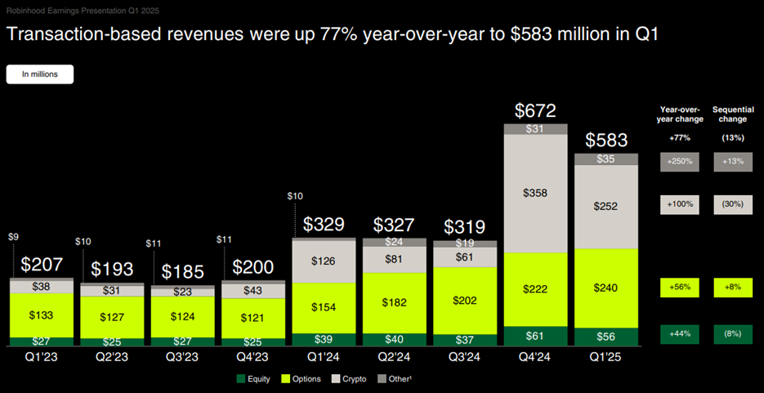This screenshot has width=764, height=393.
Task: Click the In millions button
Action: [40, 74]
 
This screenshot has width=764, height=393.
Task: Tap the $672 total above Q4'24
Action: [536, 110]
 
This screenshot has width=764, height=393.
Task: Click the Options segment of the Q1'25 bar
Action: [607, 288]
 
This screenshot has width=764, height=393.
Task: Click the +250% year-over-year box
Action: [678, 162]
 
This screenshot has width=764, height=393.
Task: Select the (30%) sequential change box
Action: [733, 204]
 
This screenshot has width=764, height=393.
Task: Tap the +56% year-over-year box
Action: [678, 288]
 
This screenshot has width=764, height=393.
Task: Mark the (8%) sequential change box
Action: [733, 335]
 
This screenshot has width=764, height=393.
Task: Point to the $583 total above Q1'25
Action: [606, 140]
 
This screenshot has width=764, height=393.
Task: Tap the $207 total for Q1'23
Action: [42, 265]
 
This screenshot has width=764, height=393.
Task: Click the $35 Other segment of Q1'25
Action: [607, 159]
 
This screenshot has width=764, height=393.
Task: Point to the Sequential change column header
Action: [733, 114]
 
